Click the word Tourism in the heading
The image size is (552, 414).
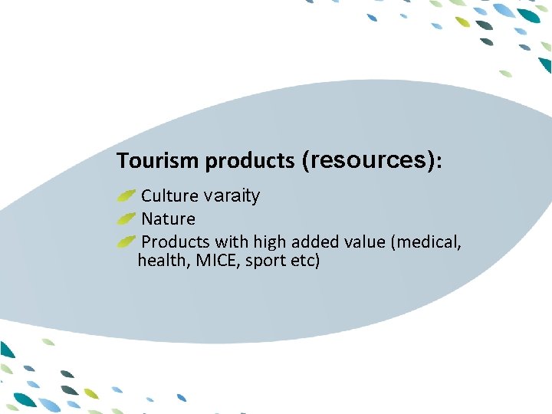[159, 161]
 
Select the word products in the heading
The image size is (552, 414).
[250, 161]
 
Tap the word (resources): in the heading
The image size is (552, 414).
[372, 160]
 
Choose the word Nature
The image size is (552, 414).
[169, 219]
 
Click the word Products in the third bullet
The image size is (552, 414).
[176, 242]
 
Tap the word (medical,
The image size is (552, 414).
[426, 242]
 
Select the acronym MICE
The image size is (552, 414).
[218, 261]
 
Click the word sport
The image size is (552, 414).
[265, 261]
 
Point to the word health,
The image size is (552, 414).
[163, 261]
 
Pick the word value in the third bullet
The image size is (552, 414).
[364, 242]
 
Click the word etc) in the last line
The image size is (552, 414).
[305, 261]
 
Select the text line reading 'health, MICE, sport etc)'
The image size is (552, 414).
[228, 261]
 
